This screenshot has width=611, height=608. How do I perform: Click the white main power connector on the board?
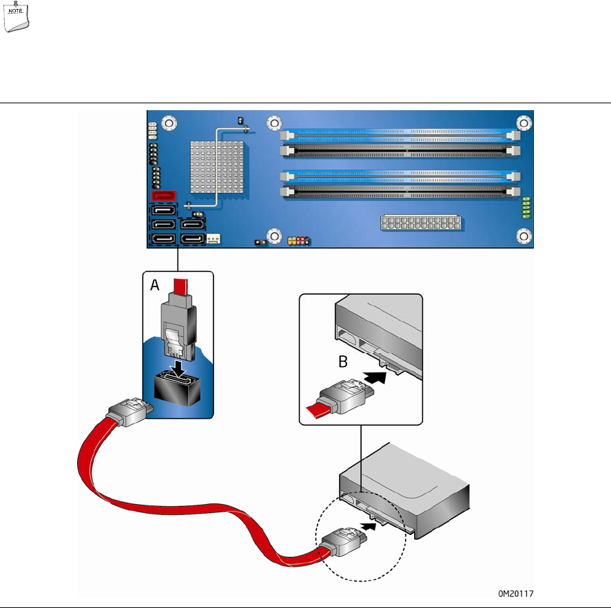coord(420,224)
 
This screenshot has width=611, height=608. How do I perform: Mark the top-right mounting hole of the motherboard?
coord(526,124)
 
